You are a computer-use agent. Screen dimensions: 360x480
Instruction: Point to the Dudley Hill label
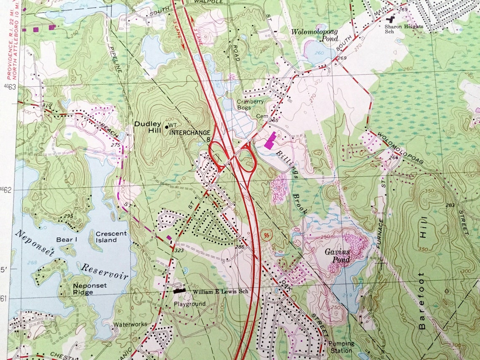(147, 128)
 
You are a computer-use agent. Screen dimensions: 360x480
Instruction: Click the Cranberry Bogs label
(250, 105)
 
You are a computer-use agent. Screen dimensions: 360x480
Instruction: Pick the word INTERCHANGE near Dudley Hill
(189, 132)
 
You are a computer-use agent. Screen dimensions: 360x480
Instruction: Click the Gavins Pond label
(337, 256)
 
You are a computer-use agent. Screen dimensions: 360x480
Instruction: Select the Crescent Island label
(111, 237)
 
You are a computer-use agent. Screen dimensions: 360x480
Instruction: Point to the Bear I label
(65, 240)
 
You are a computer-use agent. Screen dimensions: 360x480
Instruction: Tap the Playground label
(190, 304)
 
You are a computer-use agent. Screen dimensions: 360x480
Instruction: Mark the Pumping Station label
(341, 347)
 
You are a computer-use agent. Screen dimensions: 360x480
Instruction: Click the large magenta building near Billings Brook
(270, 139)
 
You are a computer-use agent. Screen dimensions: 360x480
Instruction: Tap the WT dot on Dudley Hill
(166, 126)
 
